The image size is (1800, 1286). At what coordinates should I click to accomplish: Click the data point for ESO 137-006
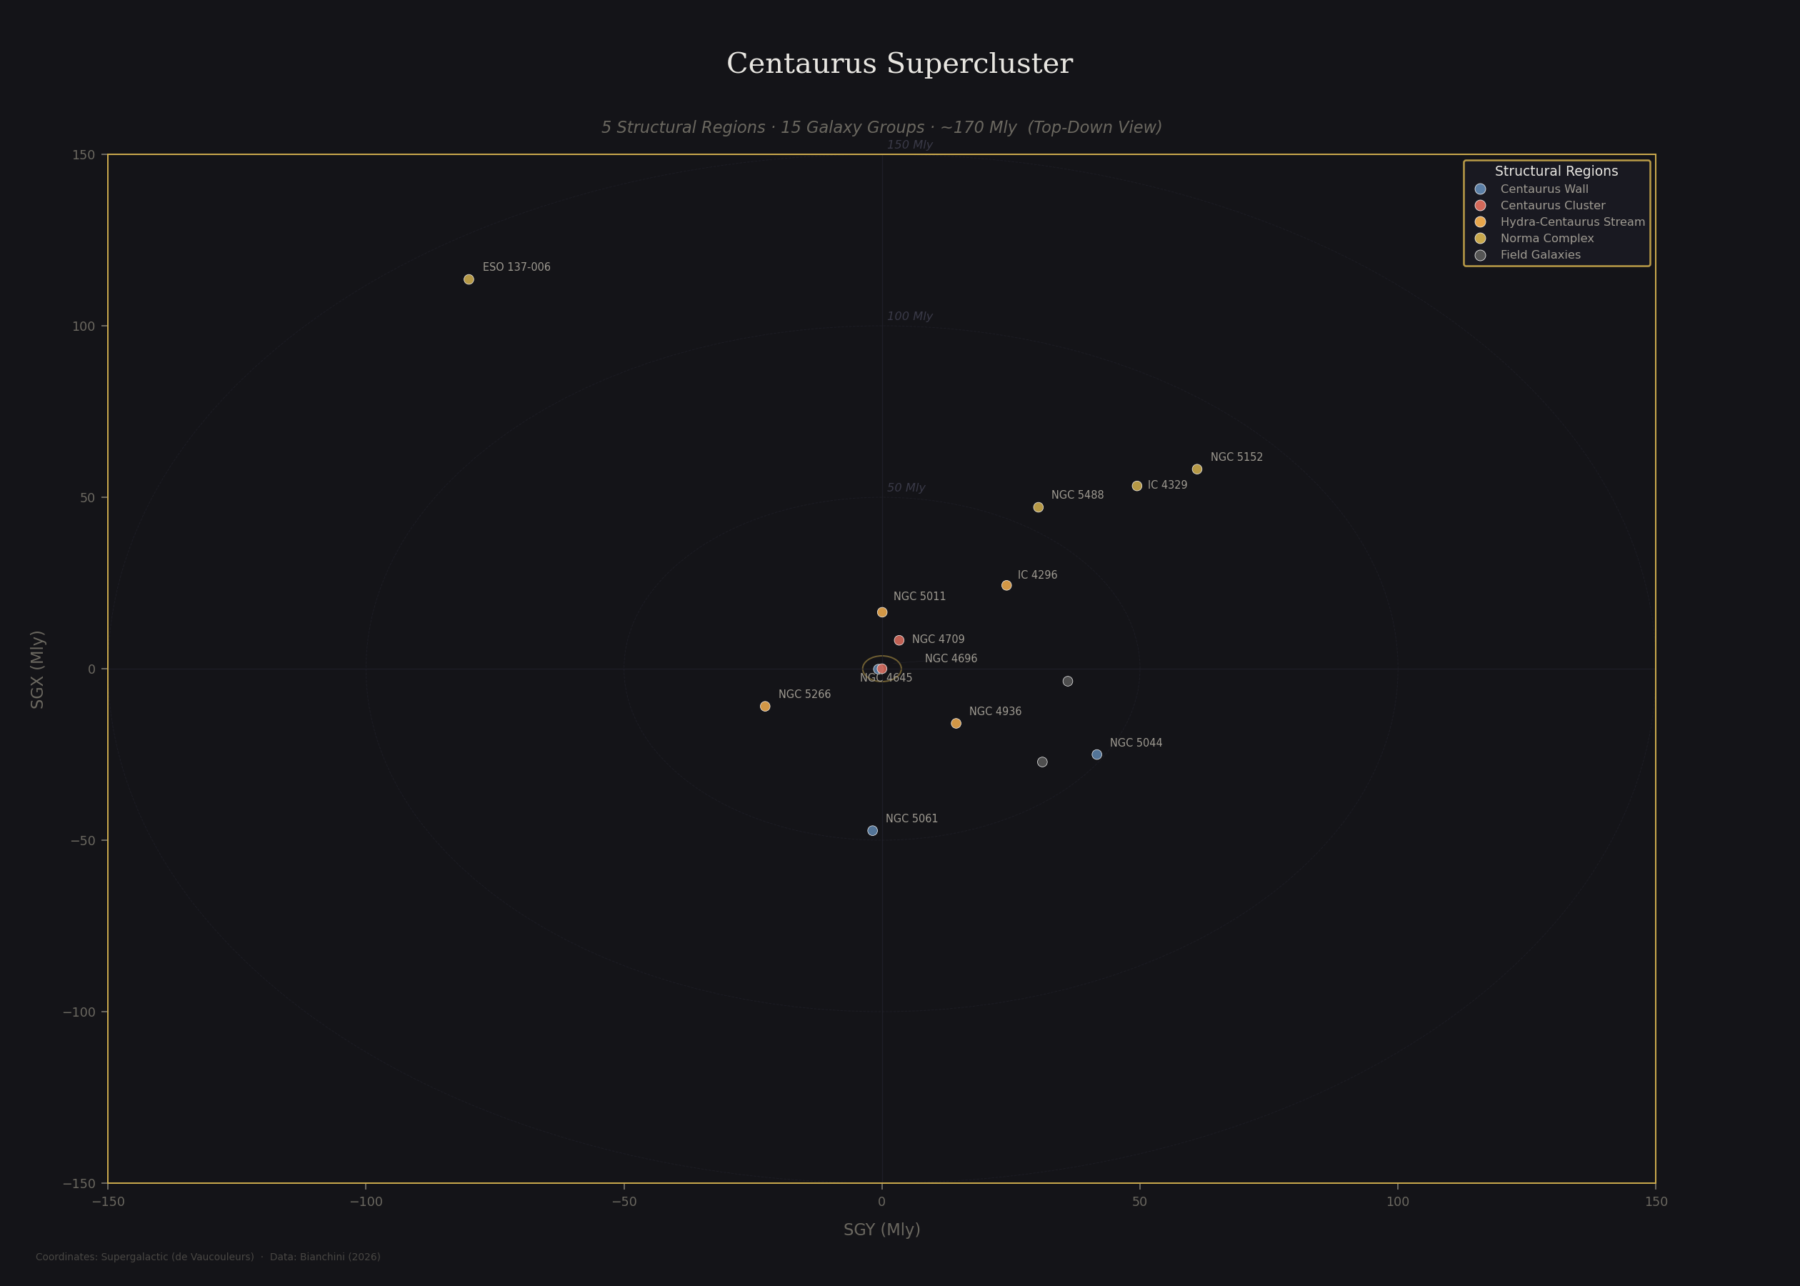pyautogui.click(x=469, y=279)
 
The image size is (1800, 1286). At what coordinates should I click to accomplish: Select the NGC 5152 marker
pyautogui.click(x=1197, y=469)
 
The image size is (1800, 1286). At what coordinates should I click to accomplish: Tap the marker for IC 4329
pyautogui.click(x=1136, y=487)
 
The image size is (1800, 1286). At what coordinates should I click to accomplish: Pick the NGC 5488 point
pyautogui.click(x=1039, y=507)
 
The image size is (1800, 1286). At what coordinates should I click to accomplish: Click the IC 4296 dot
pyautogui.click(x=1006, y=585)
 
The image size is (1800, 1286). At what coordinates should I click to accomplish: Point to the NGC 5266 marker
pyautogui.click(x=765, y=707)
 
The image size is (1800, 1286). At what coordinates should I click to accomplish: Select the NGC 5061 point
pyautogui.click(x=872, y=831)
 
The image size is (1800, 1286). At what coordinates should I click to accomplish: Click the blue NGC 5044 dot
pyautogui.click(x=1096, y=754)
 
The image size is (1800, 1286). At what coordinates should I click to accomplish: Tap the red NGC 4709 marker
pyautogui.click(x=899, y=640)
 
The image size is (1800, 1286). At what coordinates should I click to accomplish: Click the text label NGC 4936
pyautogui.click(x=995, y=712)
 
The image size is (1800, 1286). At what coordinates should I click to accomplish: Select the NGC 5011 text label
pyautogui.click(x=919, y=597)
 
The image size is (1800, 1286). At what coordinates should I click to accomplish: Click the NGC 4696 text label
pyautogui.click(x=951, y=659)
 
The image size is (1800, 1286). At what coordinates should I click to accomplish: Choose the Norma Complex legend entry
pyautogui.click(x=1546, y=239)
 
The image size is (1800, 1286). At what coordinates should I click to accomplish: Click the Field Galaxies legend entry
pyautogui.click(x=1539, y=255)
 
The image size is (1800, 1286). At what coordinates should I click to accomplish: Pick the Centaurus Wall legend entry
pyautogui.click(x=1544, y=189)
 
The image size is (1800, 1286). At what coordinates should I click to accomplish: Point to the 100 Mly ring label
pyautogui.click(x=909, y=316)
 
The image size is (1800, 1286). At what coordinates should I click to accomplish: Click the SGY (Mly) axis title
pyautogui.click(x=882, y=1230)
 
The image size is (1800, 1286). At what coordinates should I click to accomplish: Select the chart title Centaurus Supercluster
pyautogui.click(x=899, y=64)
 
